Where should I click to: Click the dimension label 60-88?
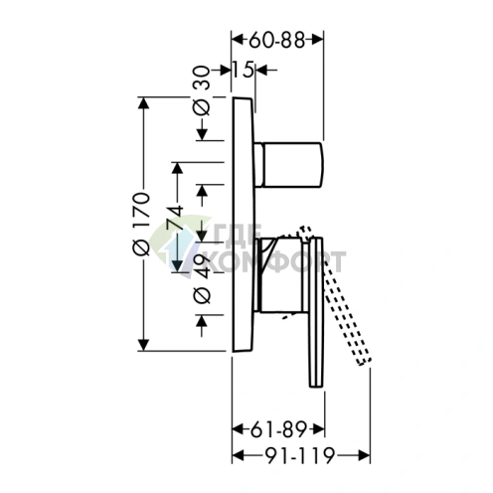point(276,41)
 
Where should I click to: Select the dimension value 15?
point(243,70)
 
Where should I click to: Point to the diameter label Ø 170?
point(141,224)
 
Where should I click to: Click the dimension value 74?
point(176,218)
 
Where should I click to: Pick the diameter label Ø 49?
point(202,279)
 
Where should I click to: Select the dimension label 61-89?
point(278,430)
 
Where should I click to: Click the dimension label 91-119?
point(300,456)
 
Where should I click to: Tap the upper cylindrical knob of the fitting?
point(288,165)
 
